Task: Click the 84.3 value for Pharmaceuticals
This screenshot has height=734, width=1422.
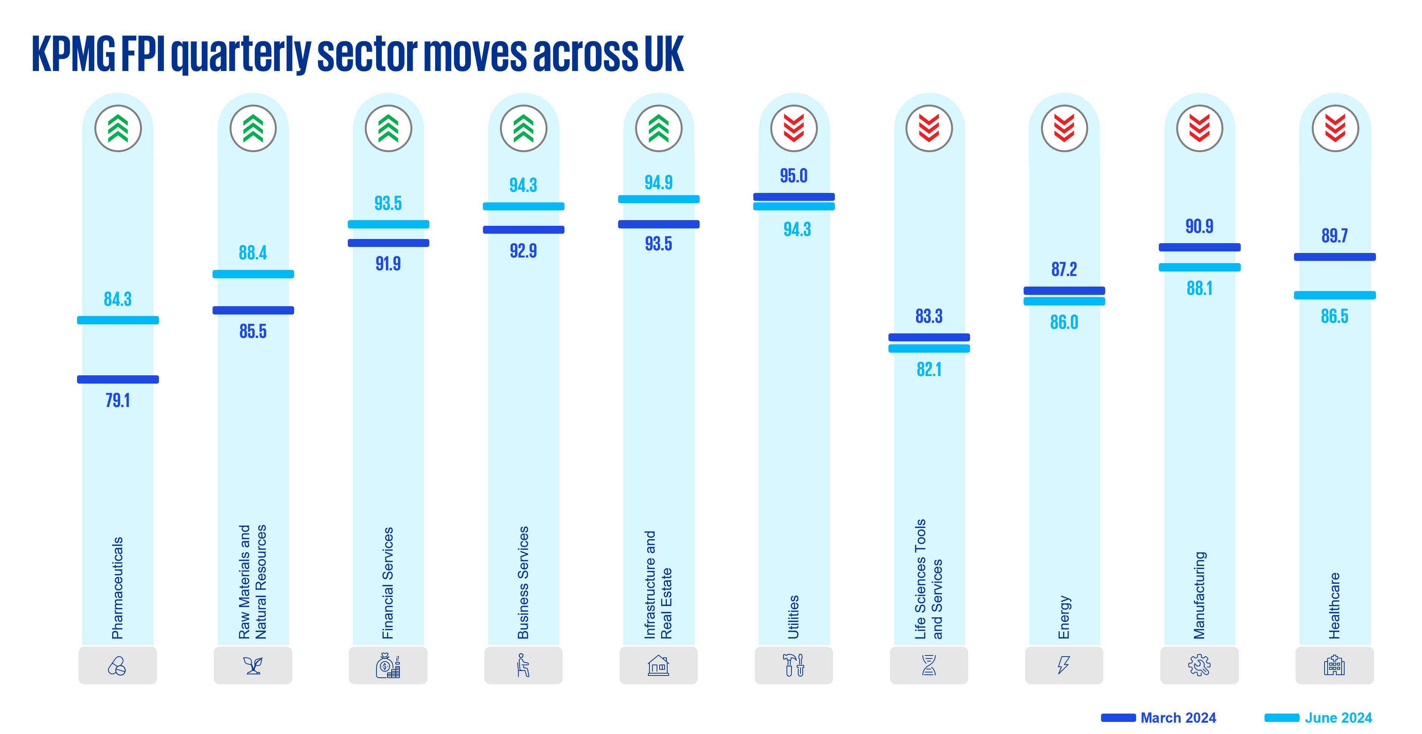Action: tap(117, 299)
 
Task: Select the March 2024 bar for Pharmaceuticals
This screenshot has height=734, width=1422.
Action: tap(117, 379)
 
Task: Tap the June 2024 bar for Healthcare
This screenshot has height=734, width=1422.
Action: tap(1334, 295)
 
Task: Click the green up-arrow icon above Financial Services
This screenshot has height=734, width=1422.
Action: tap(388, 129)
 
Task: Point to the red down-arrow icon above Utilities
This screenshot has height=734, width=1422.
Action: tap(794, 129)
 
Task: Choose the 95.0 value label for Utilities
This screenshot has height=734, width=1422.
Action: tap(794, 176)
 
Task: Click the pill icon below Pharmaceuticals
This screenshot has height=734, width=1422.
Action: tap(117, 666)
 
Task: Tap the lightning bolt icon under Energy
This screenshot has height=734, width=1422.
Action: tap(1064, 665)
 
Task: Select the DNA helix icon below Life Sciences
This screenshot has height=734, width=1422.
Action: tap(929, 665)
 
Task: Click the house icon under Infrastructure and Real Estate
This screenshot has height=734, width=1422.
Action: tap(658, 666)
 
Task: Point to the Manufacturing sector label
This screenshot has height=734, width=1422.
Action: tap(1200, 595)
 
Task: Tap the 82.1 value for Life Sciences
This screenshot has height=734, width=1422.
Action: tap(929, 370)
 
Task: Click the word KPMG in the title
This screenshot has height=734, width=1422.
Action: tap(73, 54)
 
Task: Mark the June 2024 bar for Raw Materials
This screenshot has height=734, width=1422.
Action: tap(253, 274)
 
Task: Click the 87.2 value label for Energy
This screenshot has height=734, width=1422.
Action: tap(1064, 269)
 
